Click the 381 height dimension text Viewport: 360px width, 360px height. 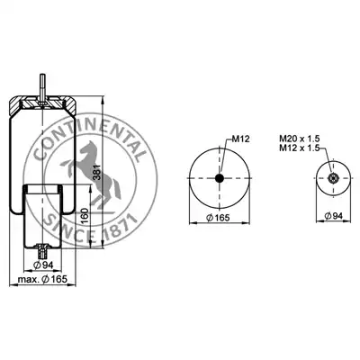click(x=97, y=172)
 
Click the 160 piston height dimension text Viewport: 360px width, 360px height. click(x=85, y=216)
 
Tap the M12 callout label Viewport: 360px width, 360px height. click(x=241, y=139)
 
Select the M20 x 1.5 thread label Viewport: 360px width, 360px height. click(x=300, y=139)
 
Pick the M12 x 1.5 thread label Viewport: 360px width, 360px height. click(x=300, y=148)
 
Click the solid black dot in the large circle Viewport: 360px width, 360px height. click(x=220, y=178)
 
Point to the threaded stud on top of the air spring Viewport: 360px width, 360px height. click(x=43, y=88)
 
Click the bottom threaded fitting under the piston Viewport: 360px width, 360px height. click(x=43, y=251)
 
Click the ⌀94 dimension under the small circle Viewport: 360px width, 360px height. click(x=334, y=215)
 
